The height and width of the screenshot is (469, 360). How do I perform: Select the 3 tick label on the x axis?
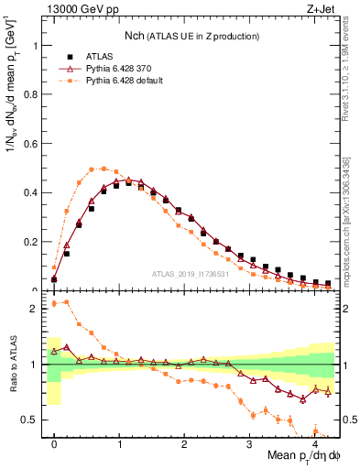click(x=250, y=442)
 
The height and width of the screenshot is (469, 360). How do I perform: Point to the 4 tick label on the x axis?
click(x=315, y=442)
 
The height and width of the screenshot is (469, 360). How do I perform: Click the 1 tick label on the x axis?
click(x=120, y=442)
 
